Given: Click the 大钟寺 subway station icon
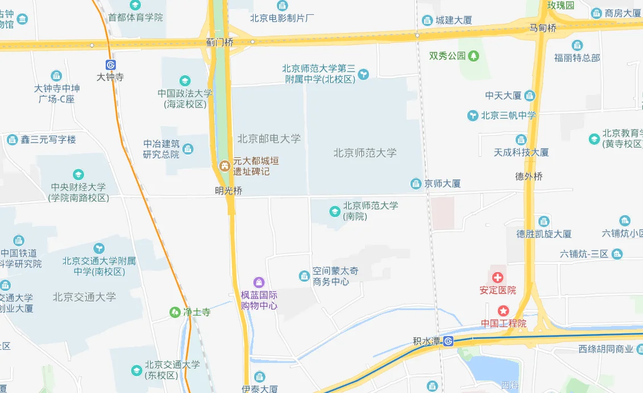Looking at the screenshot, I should pyautogui.click(x=110, y=65).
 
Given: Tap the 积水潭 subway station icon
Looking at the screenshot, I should pyautogui.click(x=449, y=341).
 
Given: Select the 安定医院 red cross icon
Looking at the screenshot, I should pyautogui.click(x=498, y=278).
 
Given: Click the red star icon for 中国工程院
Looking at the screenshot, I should pyautogui.click(x=504, y=311).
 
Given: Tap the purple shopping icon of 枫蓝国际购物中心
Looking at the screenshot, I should pyautogui.click(x=259, y=282).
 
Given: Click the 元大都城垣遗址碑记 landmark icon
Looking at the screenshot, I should pyautogui.click(x=225, y=166).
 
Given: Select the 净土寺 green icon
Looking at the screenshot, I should pyautogui.click(x=175, y=312).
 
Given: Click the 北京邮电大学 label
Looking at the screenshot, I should pyautogui.click(x=269, y=138).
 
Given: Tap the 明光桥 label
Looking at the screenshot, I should pyautogui.click(x=229, y=191).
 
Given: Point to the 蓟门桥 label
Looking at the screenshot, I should pyautogui.click(x=220, y=43).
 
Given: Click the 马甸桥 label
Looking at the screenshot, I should pyautogui.click(x=543, y=27).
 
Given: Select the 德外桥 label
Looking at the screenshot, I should pyautogui.click(x=529, y=176).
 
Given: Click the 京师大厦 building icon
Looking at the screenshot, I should pyautogui.click(x=416, y=183).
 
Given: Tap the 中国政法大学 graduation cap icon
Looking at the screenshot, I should pyautogui.click(x=185, y=81).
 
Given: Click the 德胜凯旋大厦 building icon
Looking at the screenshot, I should pyautogui.click(x=544, y=221).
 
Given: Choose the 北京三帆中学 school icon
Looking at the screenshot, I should pyautogui.click(x=472, y=115).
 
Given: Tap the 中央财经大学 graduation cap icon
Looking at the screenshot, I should pyautogui.click(x=78, y=174).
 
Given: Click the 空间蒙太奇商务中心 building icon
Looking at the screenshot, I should pyautogui.click(x=304, y=277).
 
